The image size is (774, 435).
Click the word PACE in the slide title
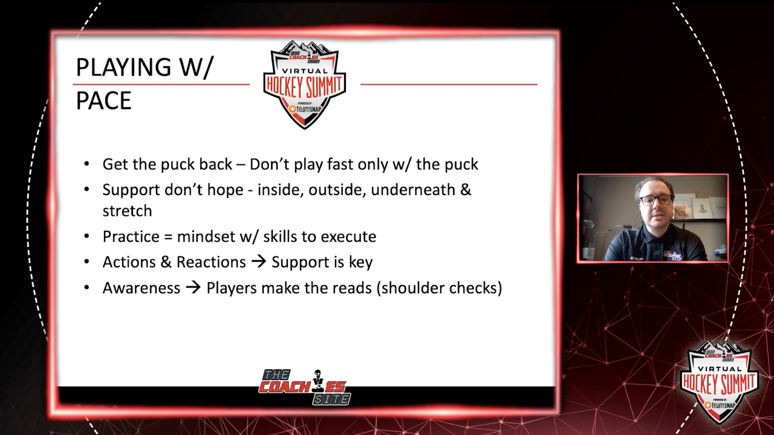pyautogui.click(x=103, y=101)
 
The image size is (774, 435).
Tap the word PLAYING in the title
pyautogui.click(x=123, y=67)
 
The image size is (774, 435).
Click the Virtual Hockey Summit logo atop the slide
pyautogui.click(x=304, y=85)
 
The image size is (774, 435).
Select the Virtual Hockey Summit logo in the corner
pyautogui.click(x=720, y=382)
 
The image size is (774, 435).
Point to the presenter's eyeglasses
pyautogui.click(x=656, y=200)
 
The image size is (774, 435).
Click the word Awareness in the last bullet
pyautogui.click(x=141, y=288)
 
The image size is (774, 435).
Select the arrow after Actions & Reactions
pyautogui.click(x=259, y=262)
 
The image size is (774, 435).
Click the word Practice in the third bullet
pyautogui.click(x=131, y=236)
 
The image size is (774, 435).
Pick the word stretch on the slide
pyautogui.click(x=127, y=211)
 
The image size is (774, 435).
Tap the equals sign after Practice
pyautogui.click(x=168, y=237)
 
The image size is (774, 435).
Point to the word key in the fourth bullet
pyautogui.click(x=361, y=263)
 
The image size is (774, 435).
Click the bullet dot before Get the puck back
pyautogui.click(x=86, y=164)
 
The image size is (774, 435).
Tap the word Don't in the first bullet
pyautogui.click(x=269, y=164)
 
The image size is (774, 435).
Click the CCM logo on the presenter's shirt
pyautogui.click(x=635, y=258)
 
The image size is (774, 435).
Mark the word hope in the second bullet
pyautogui.click(x=226, y=190)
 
